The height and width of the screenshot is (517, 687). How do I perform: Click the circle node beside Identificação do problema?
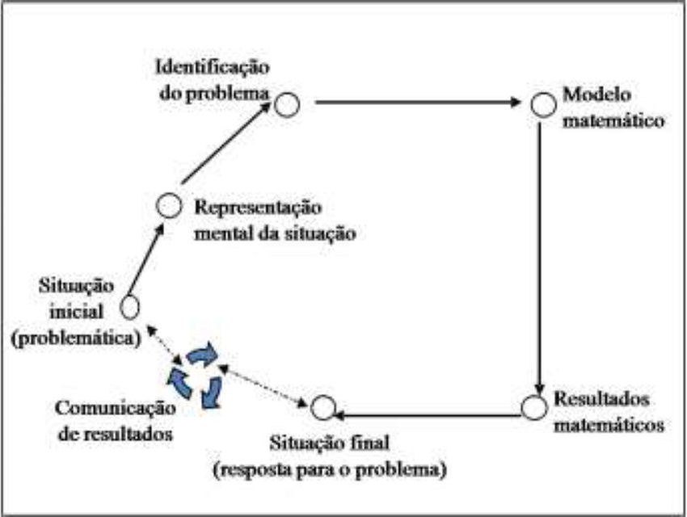[285, 104]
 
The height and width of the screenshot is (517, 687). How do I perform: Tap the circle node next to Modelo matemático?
[542, 104]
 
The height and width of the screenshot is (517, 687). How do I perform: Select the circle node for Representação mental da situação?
[168, 206]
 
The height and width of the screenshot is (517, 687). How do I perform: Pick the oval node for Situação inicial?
[129, 307]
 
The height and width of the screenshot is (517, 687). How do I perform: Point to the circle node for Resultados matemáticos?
[533, 408]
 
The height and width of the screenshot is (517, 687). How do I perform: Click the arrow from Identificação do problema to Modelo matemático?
[416, 103]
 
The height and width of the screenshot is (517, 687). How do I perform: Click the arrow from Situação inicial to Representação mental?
[145, 263]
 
